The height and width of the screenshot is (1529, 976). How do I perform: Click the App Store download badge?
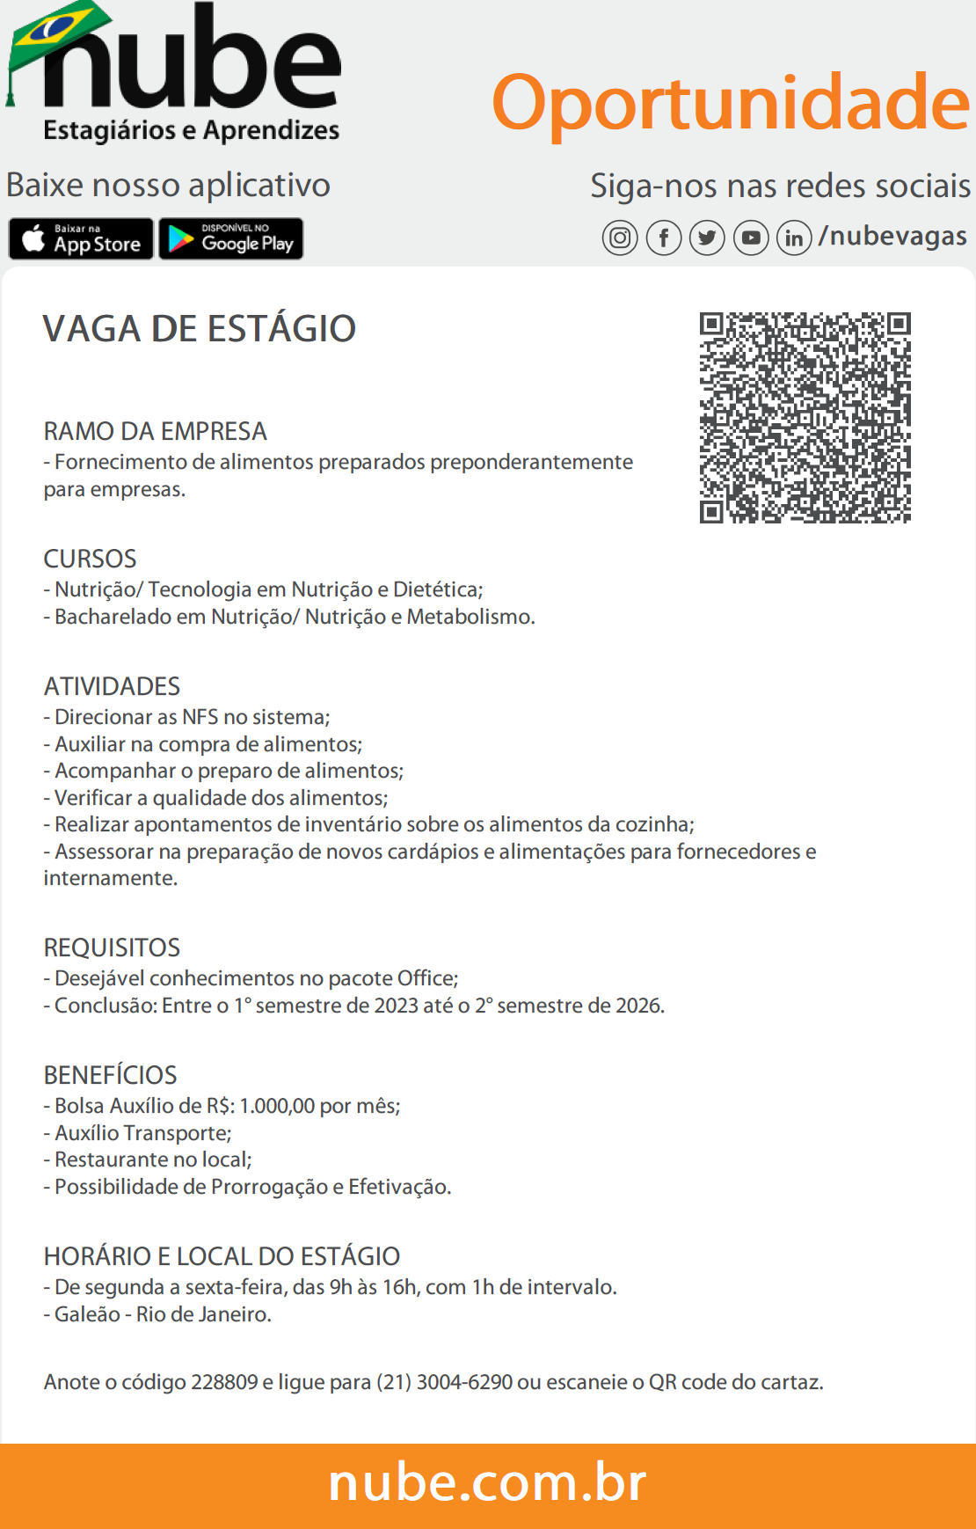click(x=81, y=238)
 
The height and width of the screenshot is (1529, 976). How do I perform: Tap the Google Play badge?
click(x=231, y=238)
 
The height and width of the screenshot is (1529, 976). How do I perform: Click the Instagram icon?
click(x=620, y=238)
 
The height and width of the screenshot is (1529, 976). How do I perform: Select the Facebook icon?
click(x=664, y=238)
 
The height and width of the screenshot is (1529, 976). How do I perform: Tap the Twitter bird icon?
click(x=707, y=238)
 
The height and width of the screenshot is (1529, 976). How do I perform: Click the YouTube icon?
click(x=751, y=238)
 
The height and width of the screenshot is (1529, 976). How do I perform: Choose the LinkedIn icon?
click(x=794, y=238)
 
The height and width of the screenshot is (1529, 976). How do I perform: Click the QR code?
click(x=805, y=417)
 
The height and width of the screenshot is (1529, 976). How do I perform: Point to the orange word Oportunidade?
click(x=730, y=102)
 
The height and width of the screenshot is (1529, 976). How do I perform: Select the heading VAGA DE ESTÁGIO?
click(x=200, y=329)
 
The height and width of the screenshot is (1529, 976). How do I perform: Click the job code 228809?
click(x=224, y=1382)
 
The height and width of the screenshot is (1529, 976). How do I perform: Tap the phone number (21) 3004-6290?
click(x=444, y=1382)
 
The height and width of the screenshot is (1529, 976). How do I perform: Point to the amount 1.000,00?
click(x=277, y=1106)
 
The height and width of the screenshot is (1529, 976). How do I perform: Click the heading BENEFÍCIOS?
click(x=111, y=1075)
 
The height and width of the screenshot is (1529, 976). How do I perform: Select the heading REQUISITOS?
click(x=112, y=947)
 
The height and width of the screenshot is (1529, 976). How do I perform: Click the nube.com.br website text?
click(x=487, y=1483)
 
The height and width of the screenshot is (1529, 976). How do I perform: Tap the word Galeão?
click(x=87, y=1314)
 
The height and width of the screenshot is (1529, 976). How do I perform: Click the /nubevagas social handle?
click(x=892, y=236)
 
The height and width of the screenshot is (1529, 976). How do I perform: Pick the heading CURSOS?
click(x=91, y=559)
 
